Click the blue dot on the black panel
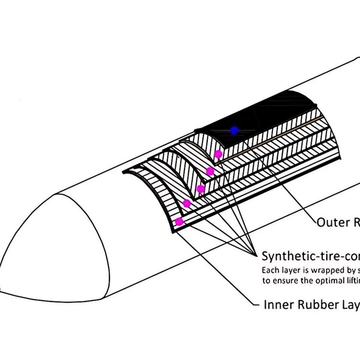coord(234,131)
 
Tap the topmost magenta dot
coord(218,154)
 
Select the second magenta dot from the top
coord(210,171)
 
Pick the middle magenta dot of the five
coord(201,189)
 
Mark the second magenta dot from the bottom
coord(187,204)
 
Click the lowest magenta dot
coord(179,222)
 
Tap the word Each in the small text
coord(270,270)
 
